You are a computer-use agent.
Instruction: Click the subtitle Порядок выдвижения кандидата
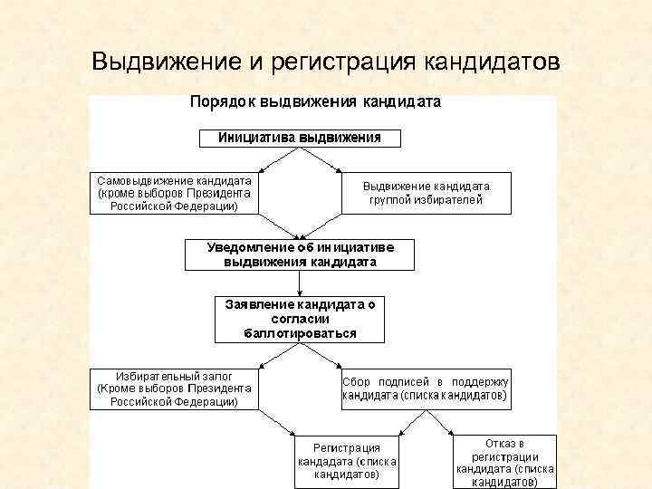314,102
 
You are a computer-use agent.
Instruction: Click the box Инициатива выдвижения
300,139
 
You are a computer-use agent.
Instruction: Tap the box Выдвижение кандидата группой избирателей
426,192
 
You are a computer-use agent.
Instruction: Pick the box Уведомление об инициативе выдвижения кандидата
300,254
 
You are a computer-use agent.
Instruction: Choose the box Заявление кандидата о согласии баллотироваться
300,319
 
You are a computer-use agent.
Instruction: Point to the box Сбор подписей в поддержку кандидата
426,388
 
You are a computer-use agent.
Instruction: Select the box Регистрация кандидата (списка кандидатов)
347,460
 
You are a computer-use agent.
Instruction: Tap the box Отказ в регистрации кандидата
504,463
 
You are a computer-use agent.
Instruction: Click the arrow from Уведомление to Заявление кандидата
300,283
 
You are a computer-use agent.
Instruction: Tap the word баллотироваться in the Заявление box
300,332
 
